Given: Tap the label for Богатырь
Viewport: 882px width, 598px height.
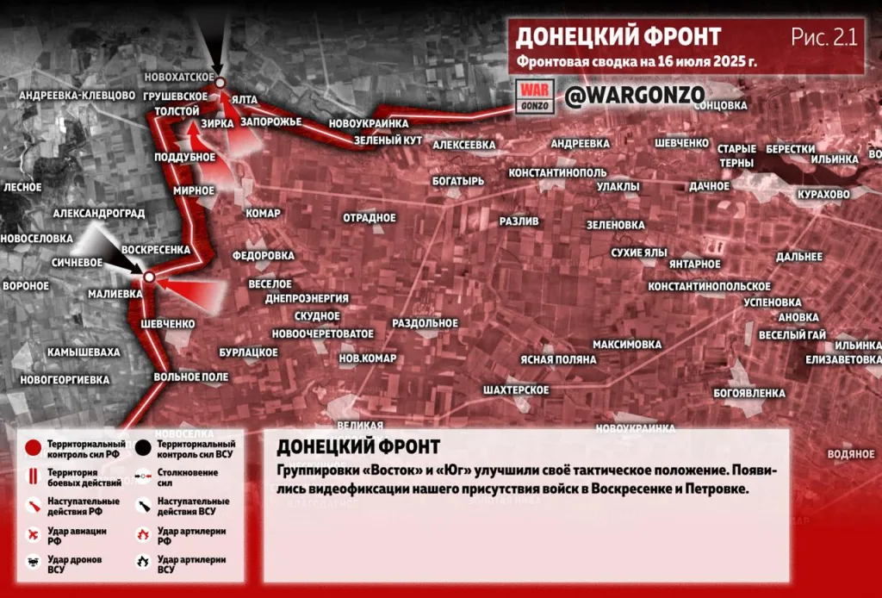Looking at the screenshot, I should coord(458,181).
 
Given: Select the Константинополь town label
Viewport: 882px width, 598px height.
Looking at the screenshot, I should coord(557,173).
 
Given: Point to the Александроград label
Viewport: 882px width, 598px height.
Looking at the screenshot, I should coord(97,212).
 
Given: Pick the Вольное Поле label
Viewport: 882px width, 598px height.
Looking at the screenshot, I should coord(190,377).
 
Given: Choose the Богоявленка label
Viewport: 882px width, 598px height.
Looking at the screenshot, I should coord(749,393).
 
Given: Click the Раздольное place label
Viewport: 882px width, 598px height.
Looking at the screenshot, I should coord(425,323).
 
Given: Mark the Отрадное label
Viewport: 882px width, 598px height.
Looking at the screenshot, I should coord(369,218).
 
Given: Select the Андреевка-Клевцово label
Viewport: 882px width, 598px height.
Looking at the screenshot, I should coord(78,95).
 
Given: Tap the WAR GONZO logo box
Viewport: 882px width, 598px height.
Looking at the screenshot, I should coord(533,96).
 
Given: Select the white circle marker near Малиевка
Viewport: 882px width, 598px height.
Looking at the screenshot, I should coord(149,277).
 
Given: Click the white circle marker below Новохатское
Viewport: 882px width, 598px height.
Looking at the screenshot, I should coord(220,83).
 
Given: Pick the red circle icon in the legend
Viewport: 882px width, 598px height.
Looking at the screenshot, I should coord(33,448).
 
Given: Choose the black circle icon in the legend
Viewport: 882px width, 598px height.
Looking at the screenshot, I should coord(142,448).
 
